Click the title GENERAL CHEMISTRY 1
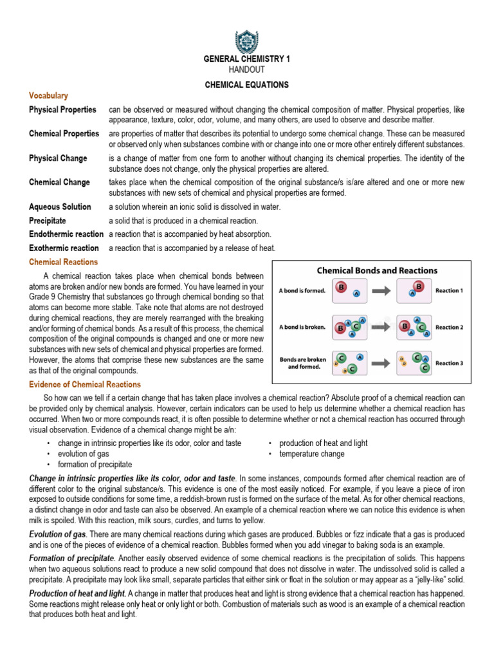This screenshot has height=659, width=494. (x=247, y=59)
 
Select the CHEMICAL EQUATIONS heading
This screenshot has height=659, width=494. (x=247, y=84)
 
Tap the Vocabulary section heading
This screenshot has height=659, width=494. (x=48, y=95)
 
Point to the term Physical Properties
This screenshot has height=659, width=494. (x=62, y=110)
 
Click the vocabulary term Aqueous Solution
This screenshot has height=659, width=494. (x=60, y=207)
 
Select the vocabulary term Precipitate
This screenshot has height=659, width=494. (x=48, y=221)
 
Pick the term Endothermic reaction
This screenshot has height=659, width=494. (x=66, y=234)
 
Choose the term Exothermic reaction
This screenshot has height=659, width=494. (x=64, y=248)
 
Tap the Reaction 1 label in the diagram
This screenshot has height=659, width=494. (x=449, y=290)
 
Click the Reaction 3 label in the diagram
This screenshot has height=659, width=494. (x=449, y=364)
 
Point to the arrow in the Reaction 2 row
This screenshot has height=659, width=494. (x=380, y=327)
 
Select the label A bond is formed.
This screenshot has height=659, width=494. (x=302, y=290)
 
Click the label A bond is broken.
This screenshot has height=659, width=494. (x=302, y=327)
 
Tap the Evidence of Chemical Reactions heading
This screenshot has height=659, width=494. (x=85, y=384)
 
